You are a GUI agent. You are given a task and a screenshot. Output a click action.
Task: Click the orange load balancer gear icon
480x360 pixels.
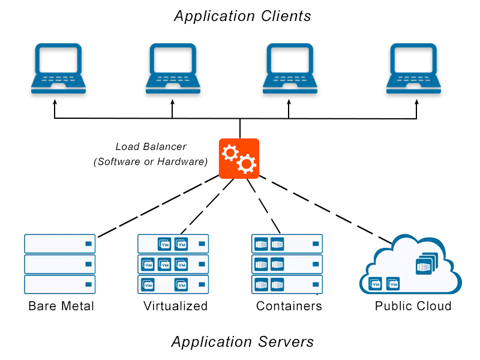[239, 158]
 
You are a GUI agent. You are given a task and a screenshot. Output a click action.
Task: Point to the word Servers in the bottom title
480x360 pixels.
[283, 342]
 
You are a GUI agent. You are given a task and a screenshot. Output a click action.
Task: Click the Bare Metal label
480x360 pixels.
[61, 306]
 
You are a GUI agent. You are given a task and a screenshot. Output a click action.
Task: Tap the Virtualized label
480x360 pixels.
[175, 306]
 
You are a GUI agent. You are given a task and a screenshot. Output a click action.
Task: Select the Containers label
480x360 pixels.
[289, 306]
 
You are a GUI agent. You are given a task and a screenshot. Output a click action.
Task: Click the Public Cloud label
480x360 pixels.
[413, 306]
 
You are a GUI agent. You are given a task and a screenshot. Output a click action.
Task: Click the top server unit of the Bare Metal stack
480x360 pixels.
[59, 244]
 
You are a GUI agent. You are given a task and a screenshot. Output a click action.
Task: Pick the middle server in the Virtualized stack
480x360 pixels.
[173, 264]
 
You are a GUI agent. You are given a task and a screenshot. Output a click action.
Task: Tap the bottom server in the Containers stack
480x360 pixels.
[287, 284]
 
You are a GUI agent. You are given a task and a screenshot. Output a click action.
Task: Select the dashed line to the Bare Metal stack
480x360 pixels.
[157, 206]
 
